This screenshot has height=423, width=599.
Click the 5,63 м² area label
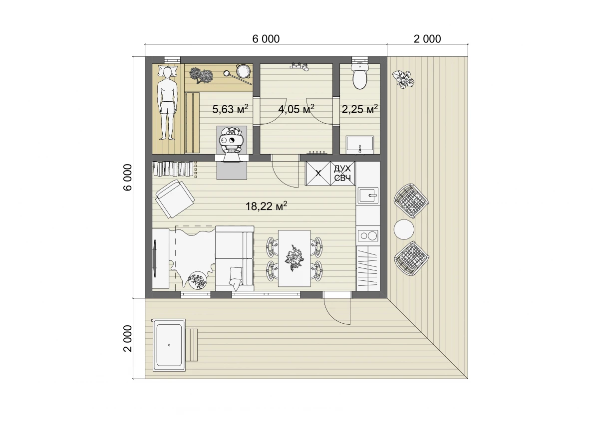(x=230, y=109)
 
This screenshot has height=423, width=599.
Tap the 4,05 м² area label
(x=296, y=109)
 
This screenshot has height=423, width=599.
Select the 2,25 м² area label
(x=360, y=109)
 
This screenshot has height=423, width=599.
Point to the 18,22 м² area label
(x=267, y=206)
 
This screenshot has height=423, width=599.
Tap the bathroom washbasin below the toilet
(x=360, y=144)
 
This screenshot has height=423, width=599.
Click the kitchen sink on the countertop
(x=368, y=196)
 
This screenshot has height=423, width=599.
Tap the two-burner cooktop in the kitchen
(x=368, y=235)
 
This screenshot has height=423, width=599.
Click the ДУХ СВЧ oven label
(x=342, y=173)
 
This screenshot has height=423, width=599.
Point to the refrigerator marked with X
(x=318, y=173)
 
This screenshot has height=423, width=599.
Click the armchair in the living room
(x=175, y=199)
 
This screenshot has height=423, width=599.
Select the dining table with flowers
(x=295, y=258)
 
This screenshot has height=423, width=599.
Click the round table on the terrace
(x=404, y=229)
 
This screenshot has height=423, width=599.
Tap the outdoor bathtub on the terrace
(x=169, y=345)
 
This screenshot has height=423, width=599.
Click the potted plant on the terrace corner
(x=403, y=79)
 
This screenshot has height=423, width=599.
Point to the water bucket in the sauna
(x=243, y=71)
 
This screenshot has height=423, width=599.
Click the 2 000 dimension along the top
(x=427, y=39)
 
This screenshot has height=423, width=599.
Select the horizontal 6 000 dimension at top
(x=266, y=39)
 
